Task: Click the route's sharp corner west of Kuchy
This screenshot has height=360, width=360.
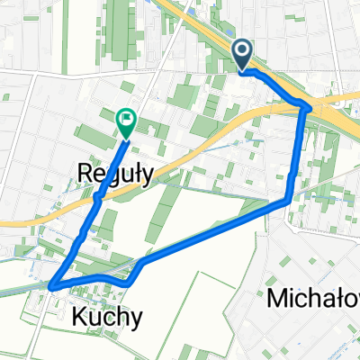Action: click(x=53, y=286)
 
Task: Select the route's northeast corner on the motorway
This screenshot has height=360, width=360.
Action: click(x=308, y=108)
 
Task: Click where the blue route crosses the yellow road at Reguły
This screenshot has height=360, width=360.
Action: click(x=97, y=193)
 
